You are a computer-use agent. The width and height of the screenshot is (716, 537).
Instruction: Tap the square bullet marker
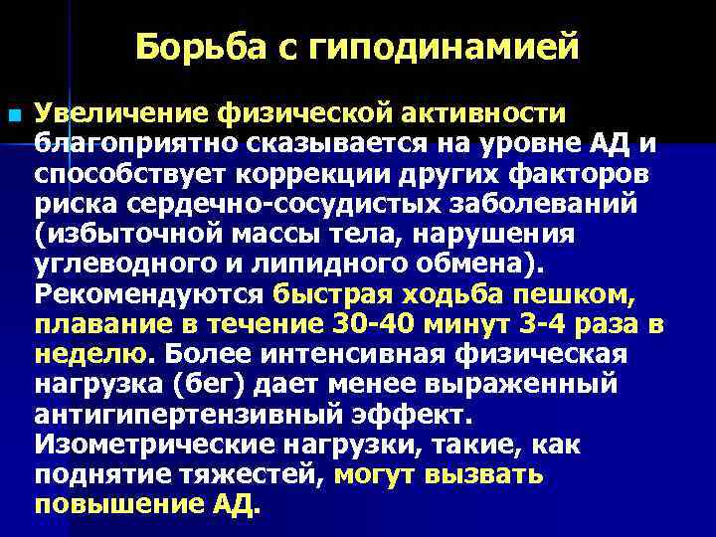[13, 117]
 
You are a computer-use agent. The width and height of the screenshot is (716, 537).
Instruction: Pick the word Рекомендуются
[146, 295]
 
